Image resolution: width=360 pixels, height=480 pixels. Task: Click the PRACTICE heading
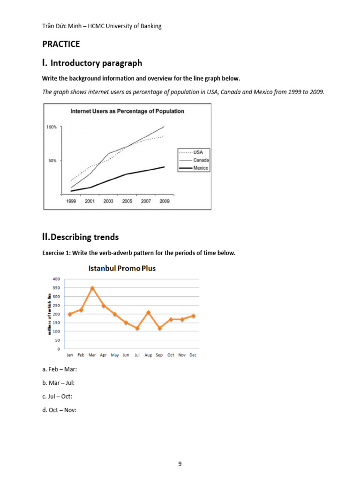click(61, 44)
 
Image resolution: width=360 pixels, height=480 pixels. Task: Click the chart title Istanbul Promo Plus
click(122, 269)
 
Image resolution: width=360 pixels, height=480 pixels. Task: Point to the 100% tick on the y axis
click(52, 127)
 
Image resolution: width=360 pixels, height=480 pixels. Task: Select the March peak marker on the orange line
click(92, 288)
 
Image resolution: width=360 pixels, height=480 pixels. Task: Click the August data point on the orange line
click(148, 312)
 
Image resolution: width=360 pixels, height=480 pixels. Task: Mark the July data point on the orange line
click(137, 328)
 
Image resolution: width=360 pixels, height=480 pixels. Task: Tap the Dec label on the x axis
click(193, 355)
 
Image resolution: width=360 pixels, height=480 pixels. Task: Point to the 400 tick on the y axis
click(56, 279)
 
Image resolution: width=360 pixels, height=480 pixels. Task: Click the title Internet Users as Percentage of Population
click(127, 112)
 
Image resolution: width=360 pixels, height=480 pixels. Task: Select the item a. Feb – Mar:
click(60, 369)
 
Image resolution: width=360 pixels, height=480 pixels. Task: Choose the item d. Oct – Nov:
click(59, 410)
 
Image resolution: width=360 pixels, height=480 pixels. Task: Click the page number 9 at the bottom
click(180, 464)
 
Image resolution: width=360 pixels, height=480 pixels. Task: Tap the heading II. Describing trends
click(80, 237)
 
